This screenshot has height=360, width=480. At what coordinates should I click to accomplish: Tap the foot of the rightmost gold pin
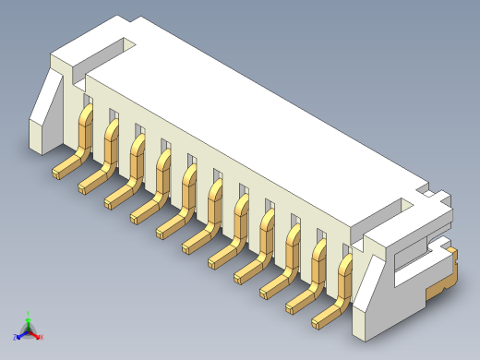point(324,318)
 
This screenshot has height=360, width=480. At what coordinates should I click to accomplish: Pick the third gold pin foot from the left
point(116,198)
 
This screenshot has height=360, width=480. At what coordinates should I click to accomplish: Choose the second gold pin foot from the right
point(298,304)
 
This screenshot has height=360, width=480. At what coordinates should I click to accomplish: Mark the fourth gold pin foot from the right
point(246,273)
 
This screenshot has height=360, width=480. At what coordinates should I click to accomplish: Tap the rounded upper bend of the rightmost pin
point(347,264)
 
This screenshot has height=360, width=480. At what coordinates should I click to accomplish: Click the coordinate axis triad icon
point(29,330)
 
